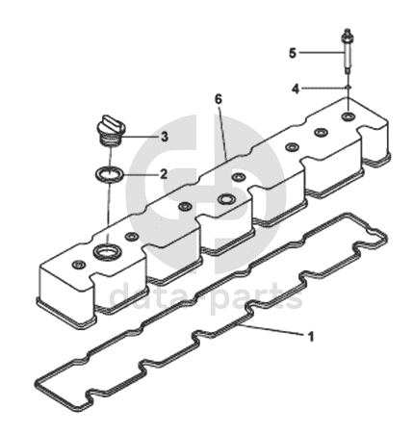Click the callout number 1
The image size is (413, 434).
click(310, 337)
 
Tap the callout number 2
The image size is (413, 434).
click(164, 174)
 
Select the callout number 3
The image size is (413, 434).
click(165, 137)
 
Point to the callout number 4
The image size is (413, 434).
click(296, 89)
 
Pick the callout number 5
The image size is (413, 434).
click(293, 53)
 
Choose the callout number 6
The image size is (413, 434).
click(219, 99)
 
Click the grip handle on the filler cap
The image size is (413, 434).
click(112, 123)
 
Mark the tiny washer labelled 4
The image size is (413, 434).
click(348, 88)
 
